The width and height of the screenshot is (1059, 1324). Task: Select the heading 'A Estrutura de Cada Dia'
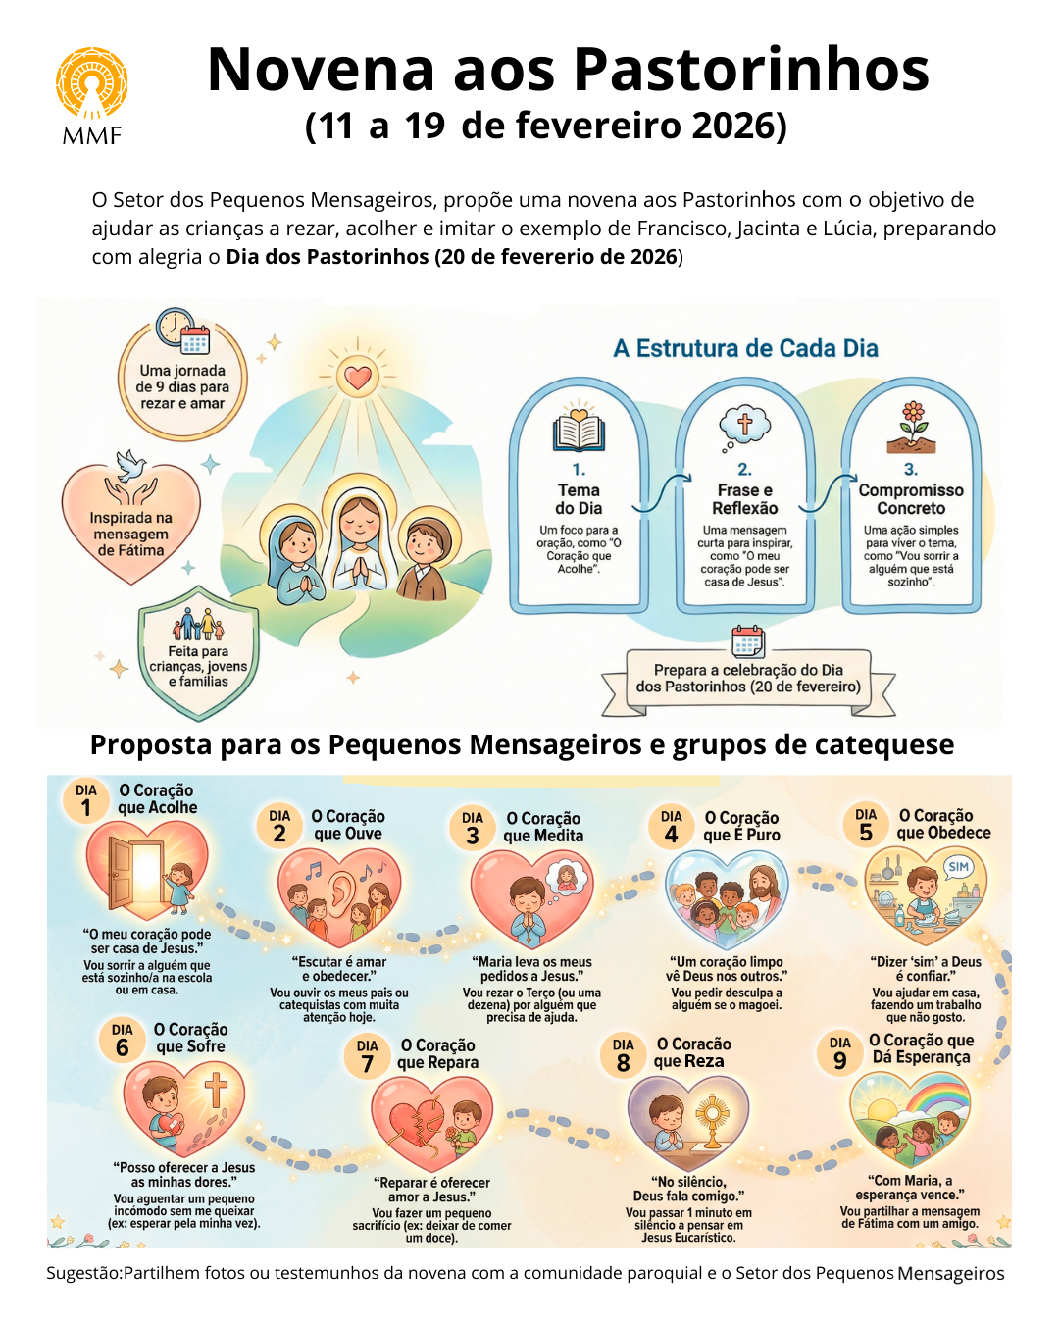(x=745, y=348)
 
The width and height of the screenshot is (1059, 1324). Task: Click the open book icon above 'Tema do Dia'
(x=579, y=431)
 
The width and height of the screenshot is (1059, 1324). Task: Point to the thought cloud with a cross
(x=744, y=426)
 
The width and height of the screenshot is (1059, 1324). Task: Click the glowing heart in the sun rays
(x=359, y=377)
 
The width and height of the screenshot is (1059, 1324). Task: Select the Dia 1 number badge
(x=86, y=800)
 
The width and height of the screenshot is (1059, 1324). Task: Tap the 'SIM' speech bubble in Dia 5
(x=958, y=867)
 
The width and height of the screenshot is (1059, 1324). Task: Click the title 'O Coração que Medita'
(x=542, y=827)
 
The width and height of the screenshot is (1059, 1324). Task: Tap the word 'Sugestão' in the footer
(x=82, y=1273)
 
